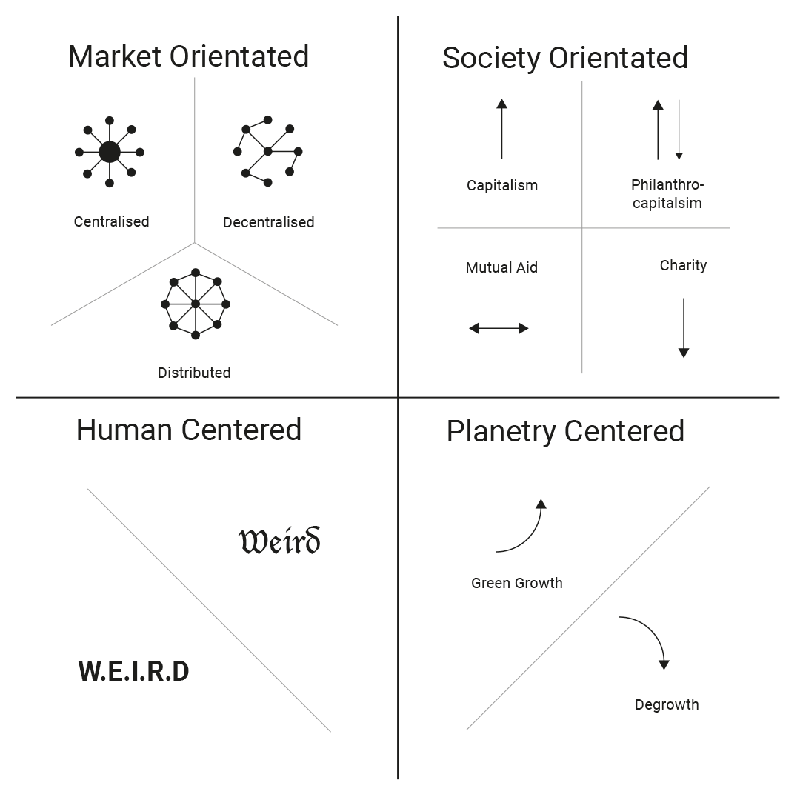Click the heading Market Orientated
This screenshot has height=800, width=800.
188,57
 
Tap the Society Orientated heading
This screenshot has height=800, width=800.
564,59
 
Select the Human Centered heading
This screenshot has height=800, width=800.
189,430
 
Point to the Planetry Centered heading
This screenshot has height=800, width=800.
565,432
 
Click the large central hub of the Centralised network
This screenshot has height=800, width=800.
110,152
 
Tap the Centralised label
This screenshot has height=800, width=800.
111,221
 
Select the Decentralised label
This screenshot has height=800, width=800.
268,222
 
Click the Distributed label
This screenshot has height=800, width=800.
194,373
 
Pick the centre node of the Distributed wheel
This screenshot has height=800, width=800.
196,304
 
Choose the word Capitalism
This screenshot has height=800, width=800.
502,185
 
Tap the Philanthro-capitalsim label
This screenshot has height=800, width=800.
667,193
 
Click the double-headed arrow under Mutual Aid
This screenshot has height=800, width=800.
499,328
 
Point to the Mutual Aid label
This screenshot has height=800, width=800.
501,267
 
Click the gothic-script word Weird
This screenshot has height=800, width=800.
279,541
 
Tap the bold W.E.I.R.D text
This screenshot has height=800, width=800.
134,672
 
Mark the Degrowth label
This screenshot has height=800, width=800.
667,704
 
